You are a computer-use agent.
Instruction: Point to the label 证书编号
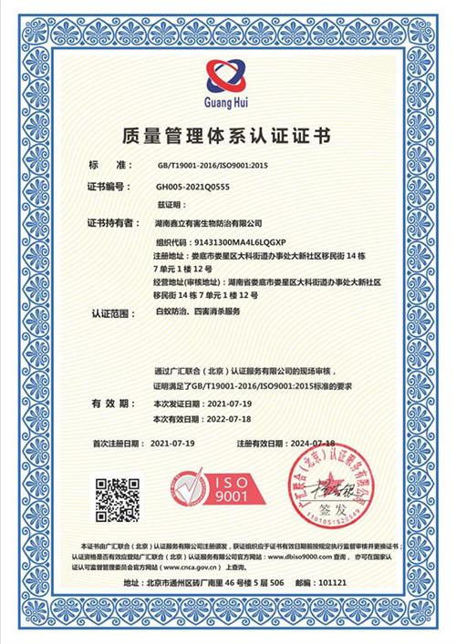point(110,187)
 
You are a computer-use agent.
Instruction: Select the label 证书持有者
point(113,222)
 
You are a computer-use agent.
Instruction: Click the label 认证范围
point(112,312)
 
